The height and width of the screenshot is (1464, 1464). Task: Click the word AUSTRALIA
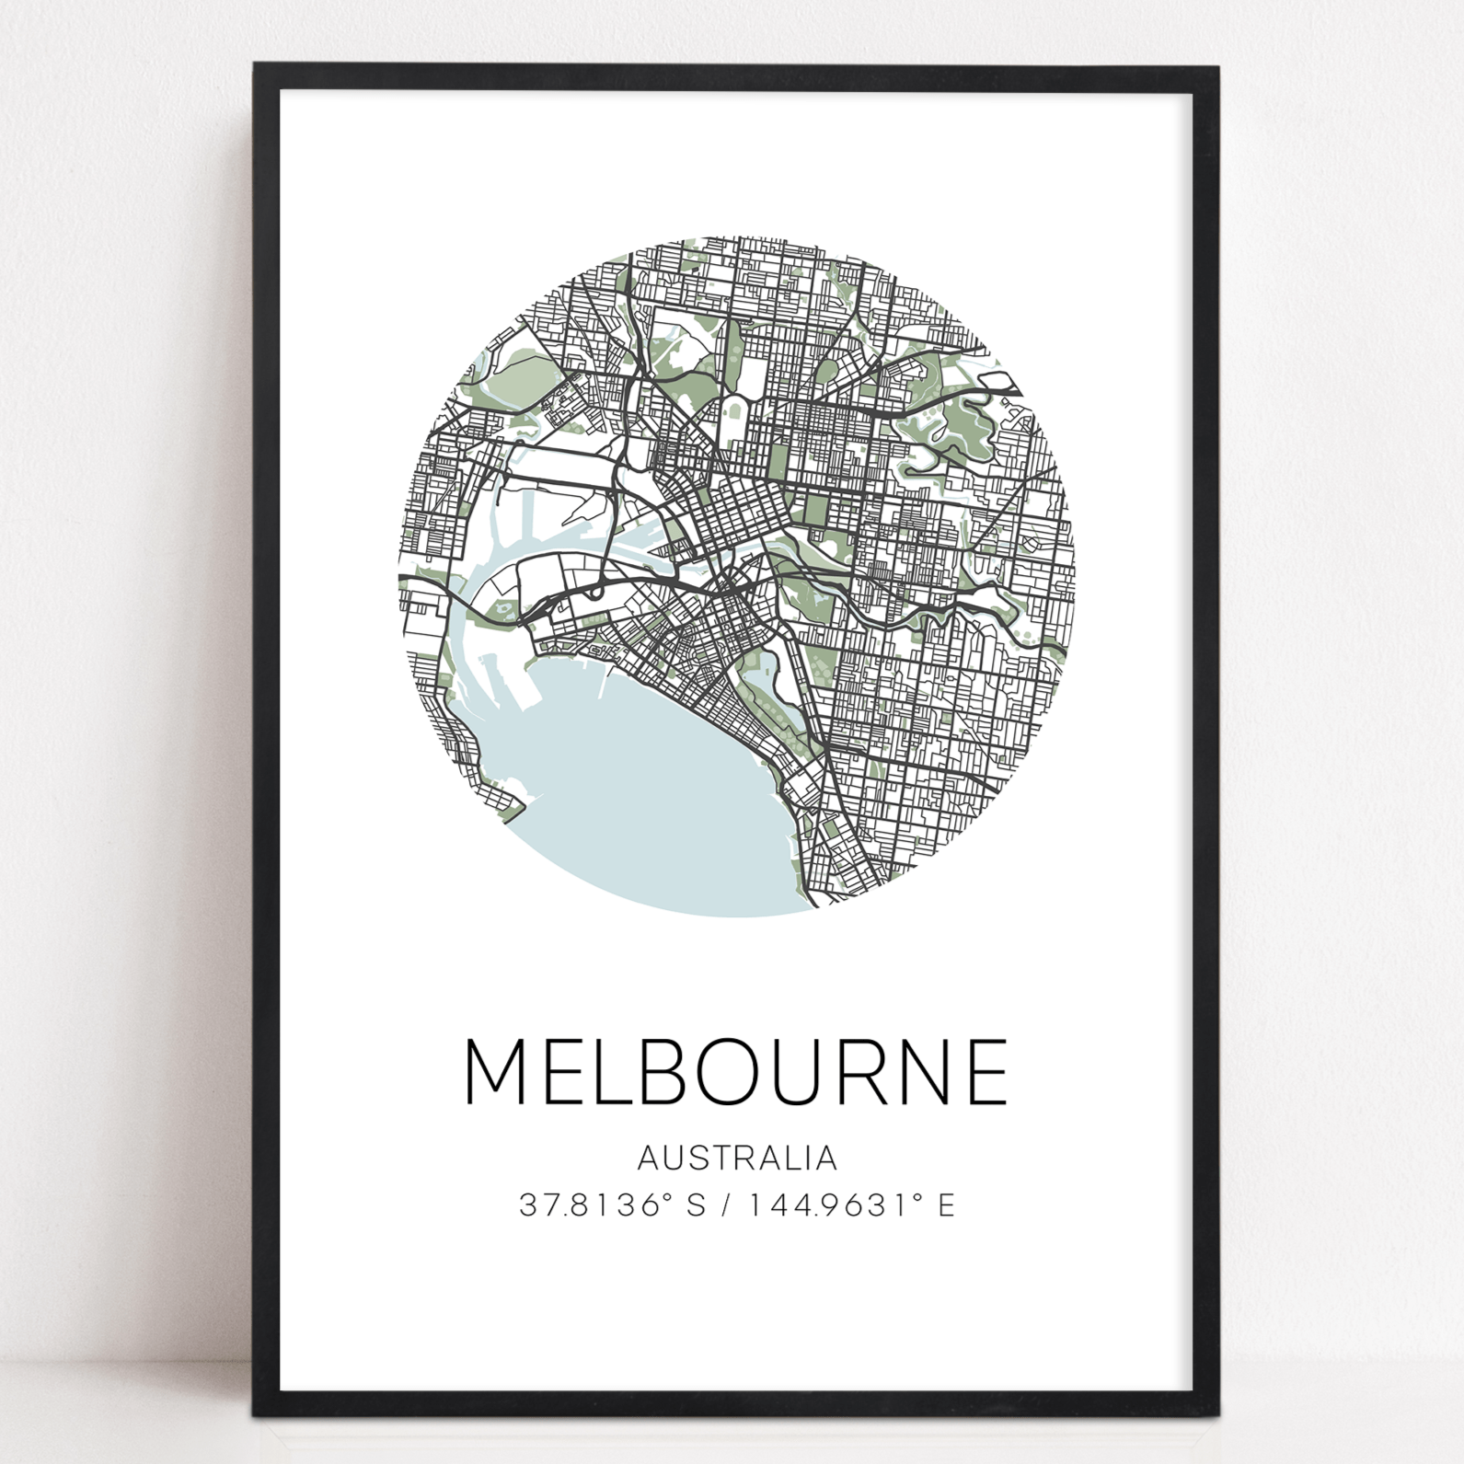point(737,1158)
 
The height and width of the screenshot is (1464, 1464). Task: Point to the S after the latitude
point(697,1205)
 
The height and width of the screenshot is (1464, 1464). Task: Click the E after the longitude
point(946,1205)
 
